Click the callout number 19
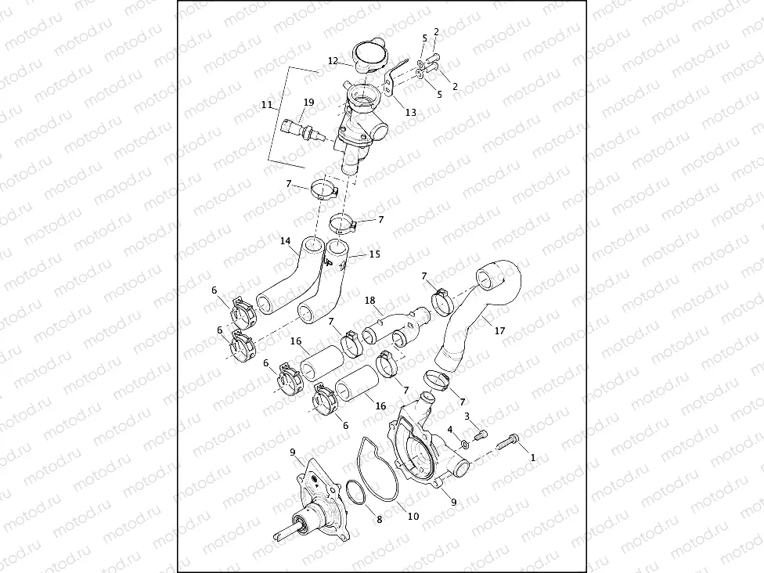[x=309, y=103]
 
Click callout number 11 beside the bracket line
[x=267, y=104]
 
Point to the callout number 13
[x=410, y=112]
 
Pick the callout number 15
[x=374, y=254]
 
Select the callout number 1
[x=533, y=456]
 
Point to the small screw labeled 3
[x=480, y=434]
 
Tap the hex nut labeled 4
[x=463, y=445]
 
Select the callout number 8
[x=380, y=518]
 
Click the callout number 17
[x=499, y=331]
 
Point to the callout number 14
[x=286, y=241]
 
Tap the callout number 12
[x=333, y=60]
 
